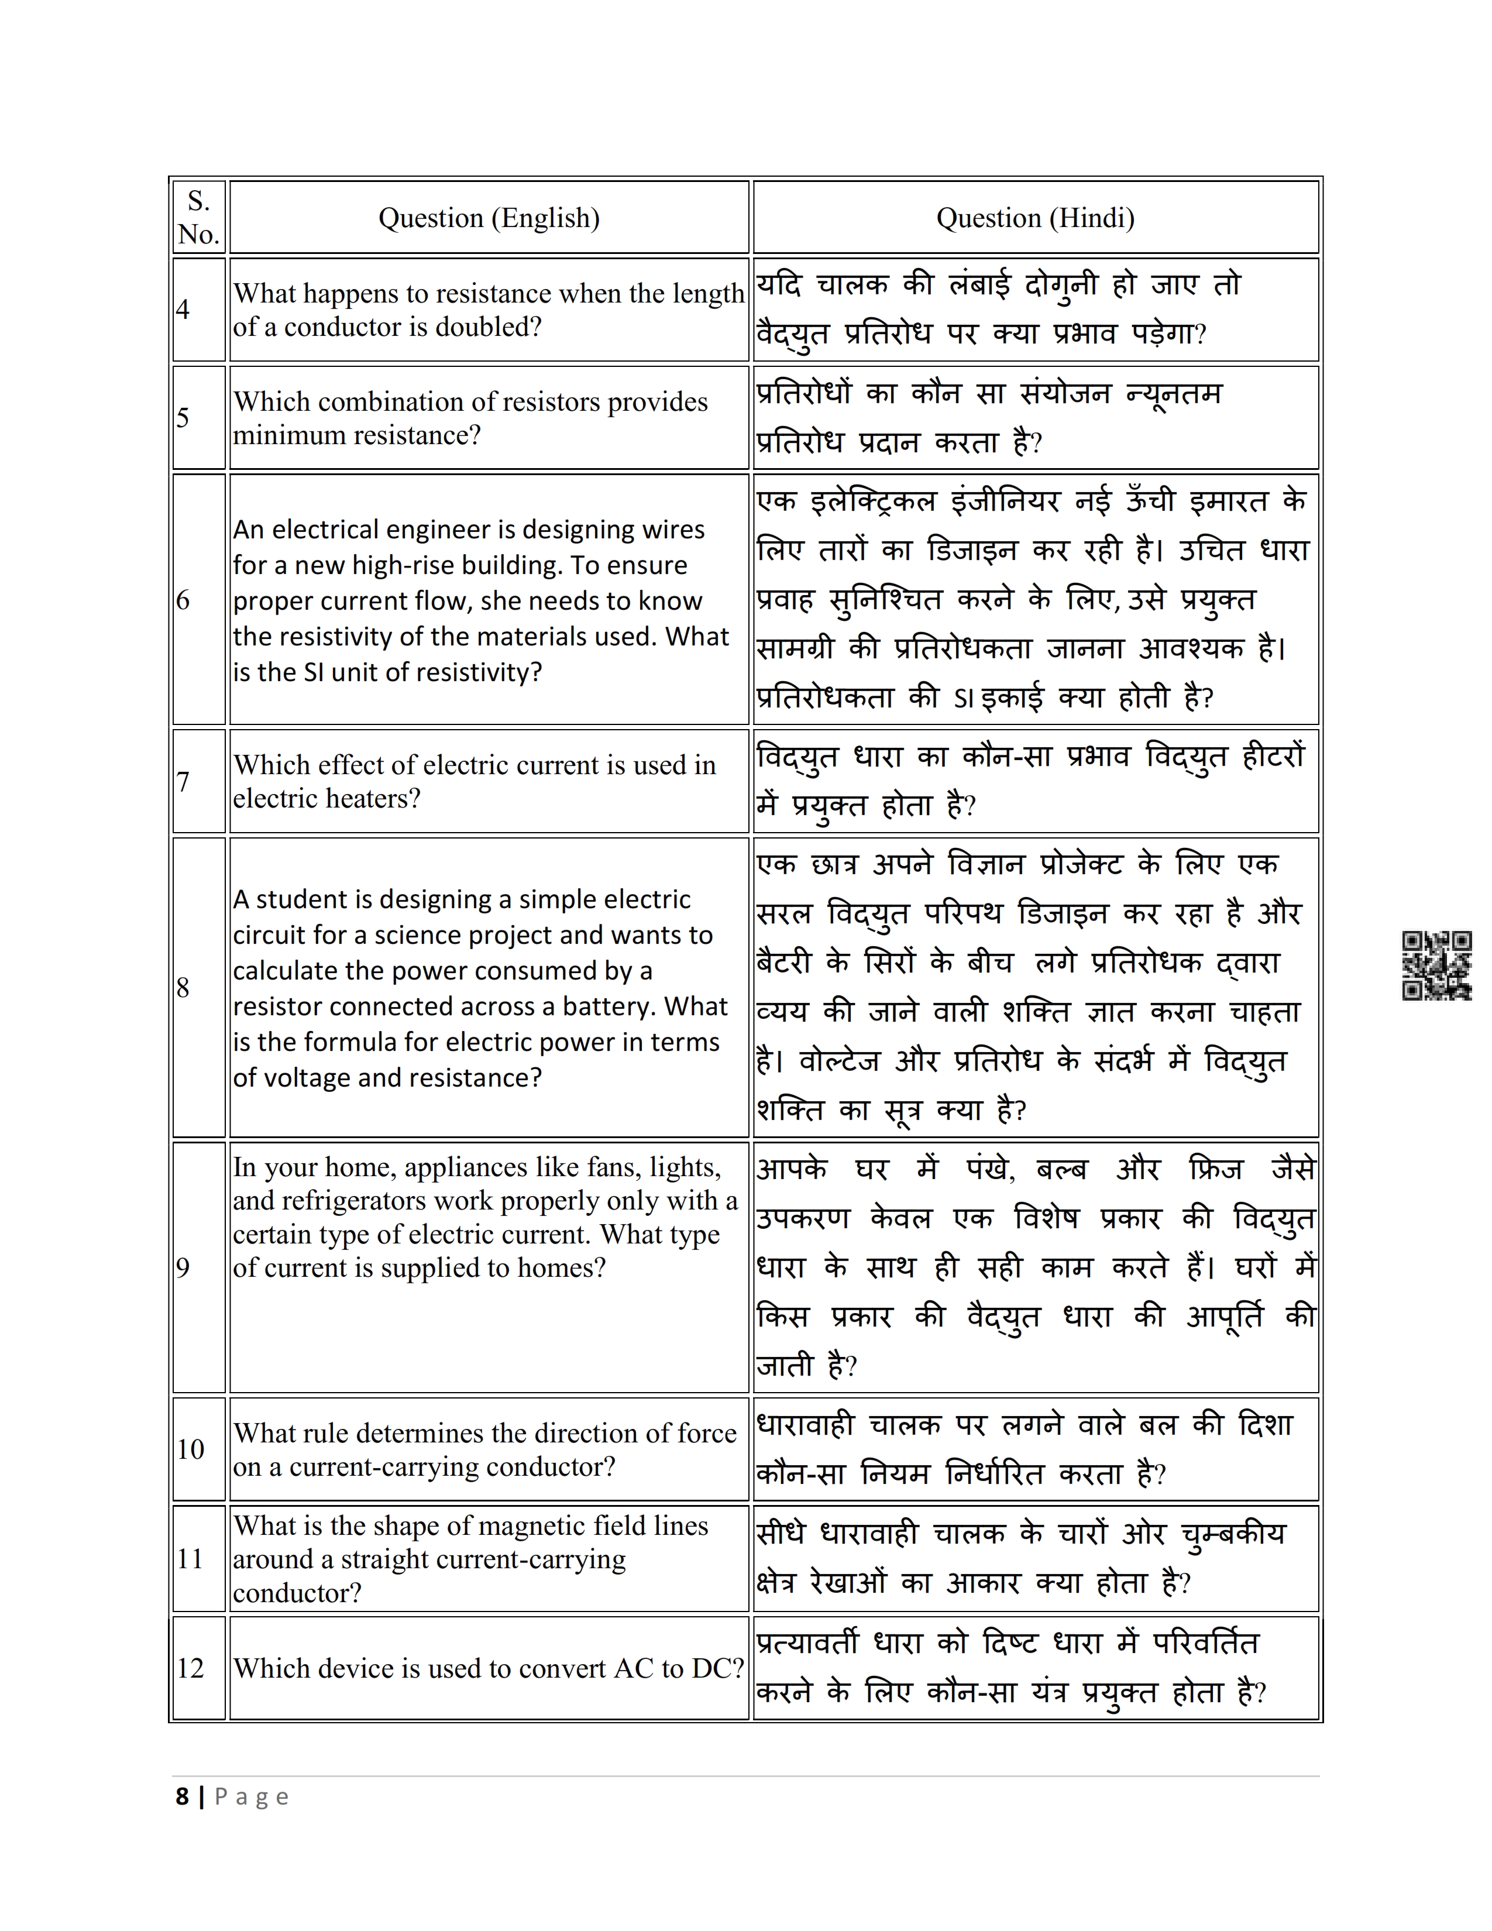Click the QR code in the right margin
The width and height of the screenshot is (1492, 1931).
(x=1436, y=966)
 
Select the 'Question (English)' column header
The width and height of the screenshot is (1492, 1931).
(x=489, y=218)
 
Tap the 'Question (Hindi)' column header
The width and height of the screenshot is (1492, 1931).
(x=1035, y=218)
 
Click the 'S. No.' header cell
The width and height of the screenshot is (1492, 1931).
(x=199, y=218)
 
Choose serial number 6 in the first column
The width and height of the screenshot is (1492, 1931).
(x=183, y=600)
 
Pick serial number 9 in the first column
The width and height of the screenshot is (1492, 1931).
(x=183, y=1268)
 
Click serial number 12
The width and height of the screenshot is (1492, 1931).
(x=191, y=1668)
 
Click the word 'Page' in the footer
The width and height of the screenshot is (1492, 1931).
(x=252, y=1798)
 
